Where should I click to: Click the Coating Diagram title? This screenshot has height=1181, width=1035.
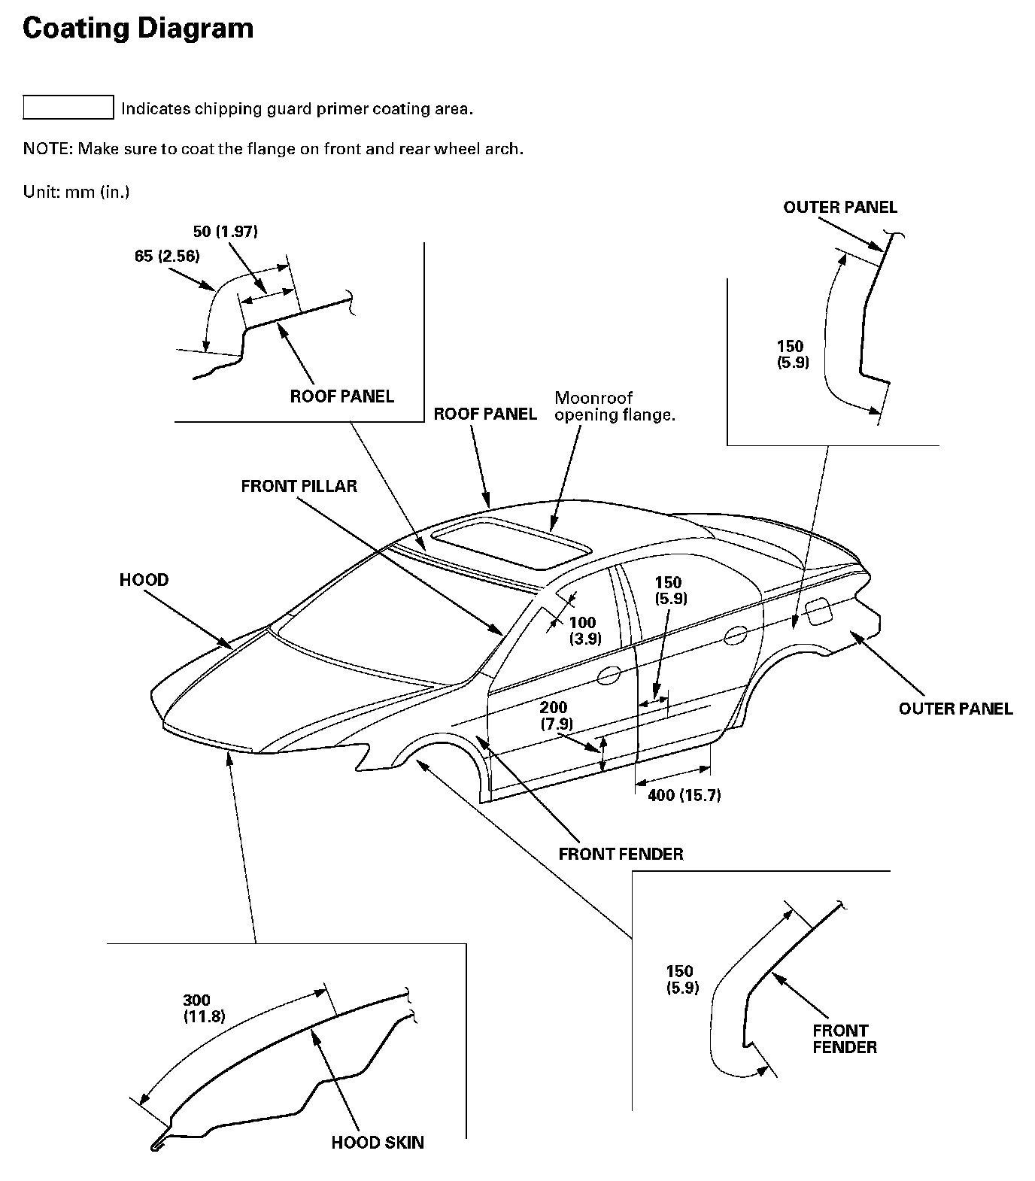(x=138, y=29)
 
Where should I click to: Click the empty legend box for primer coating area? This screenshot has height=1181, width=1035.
(x=68, y=108)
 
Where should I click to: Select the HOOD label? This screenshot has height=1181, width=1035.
(x=144, y=580)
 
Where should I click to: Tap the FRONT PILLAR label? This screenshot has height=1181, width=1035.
(x=299, y=486)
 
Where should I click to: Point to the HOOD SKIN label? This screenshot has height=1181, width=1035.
(x=378, y=1143)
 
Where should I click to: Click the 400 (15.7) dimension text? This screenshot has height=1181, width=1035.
(x=684, y=795)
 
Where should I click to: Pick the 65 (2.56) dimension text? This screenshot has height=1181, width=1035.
(x=167, y=256)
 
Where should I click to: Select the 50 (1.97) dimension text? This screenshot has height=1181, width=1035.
(x=226, y=231)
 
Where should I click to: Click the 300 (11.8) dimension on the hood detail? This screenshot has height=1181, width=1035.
(x=204, y=1008)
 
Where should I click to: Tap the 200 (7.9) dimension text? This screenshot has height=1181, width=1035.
(x=556, y=715)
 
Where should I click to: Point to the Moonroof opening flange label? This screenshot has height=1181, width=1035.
(x=614, y=406)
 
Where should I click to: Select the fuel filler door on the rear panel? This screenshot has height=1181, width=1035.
(x=818, y=610)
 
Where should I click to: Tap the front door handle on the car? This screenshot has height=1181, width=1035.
(x=609, y=675)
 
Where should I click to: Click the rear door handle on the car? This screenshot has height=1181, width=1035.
(x=735, y=635)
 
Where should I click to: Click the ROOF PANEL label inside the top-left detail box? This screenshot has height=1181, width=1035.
(x=341, y=396)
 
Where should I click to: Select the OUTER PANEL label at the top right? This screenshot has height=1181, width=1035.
(x=839, y=207)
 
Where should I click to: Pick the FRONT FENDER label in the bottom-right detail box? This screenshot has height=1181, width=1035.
(x=844, y=1039)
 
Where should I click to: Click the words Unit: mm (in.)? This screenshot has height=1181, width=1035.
(x=76, y=192)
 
